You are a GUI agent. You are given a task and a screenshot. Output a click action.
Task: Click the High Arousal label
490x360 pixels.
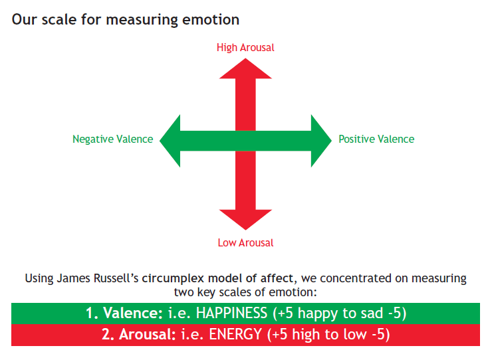tap(245, 47)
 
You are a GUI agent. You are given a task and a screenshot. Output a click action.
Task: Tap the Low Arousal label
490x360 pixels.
tap(245, 242)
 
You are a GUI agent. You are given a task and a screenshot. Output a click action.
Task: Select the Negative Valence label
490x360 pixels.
tap(113, 139)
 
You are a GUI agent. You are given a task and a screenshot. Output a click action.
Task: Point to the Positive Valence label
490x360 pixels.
tap(376, 139)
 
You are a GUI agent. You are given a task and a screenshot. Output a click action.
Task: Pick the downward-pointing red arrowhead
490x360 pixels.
tap(245, 219)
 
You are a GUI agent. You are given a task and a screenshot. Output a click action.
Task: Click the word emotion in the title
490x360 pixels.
tap(211, 20)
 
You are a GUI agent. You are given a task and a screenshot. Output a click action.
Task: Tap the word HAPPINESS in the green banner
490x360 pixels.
tap(231, 313)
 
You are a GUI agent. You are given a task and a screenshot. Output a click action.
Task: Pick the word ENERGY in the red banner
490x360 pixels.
tap(235, 334)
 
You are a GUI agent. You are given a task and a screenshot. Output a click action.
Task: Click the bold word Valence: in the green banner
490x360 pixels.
tap(133, 313)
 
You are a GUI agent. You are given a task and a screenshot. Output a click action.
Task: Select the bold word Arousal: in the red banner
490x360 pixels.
tap(148, 334)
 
